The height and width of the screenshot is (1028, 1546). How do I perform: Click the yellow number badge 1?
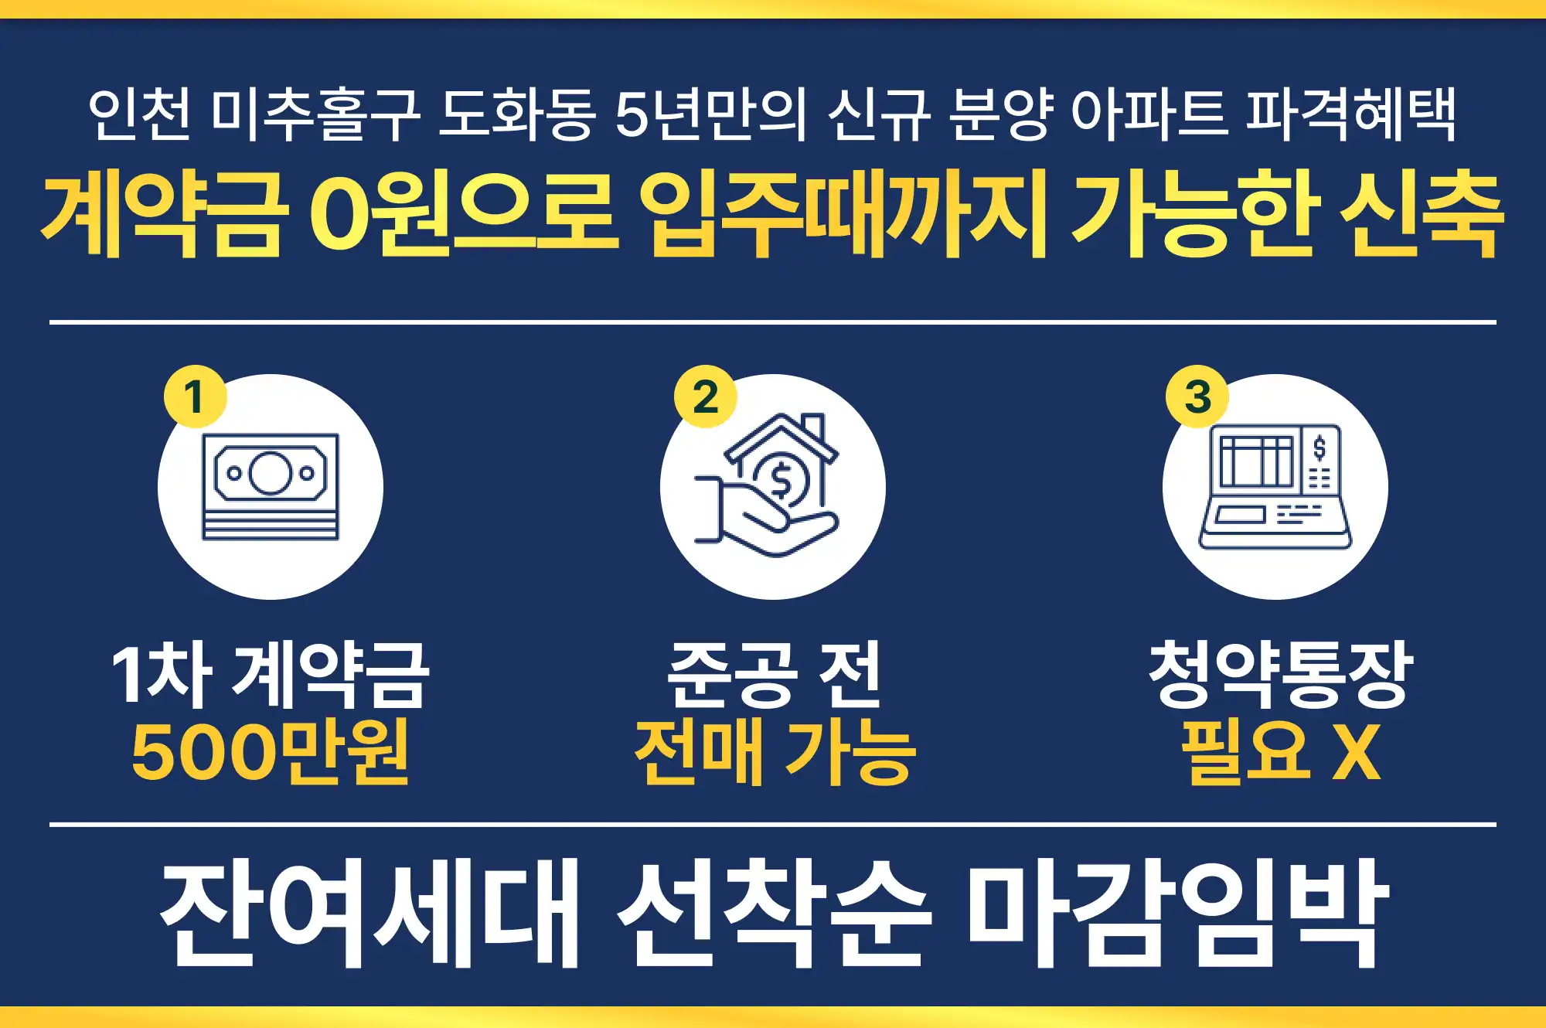(x=194, y=397)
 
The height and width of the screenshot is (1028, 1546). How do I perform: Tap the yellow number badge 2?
(x=705, y=397)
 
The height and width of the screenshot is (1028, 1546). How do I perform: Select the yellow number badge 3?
(x=1197, y=397)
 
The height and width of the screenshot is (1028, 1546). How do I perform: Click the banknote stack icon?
(x=271, y=487)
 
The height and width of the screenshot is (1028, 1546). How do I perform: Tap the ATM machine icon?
(x=1275, y=487)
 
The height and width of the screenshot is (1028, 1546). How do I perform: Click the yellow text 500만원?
(x=271, y=751)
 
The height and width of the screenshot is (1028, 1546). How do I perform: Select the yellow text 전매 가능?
(x=775, y=751)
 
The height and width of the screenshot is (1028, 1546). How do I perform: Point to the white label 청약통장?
(x=1281, y=674)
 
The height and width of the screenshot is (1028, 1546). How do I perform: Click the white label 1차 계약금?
(x=271, y=674)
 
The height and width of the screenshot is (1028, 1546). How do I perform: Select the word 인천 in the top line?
(x=139, y=114)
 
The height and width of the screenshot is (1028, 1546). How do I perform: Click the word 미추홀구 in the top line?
(x=315, y=114)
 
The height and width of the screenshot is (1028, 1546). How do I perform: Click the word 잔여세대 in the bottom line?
(x=369, y=912)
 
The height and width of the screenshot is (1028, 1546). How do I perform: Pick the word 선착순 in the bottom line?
(x=775, y=912)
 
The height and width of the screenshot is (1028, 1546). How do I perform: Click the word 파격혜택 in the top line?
(x=1351, y=114)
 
